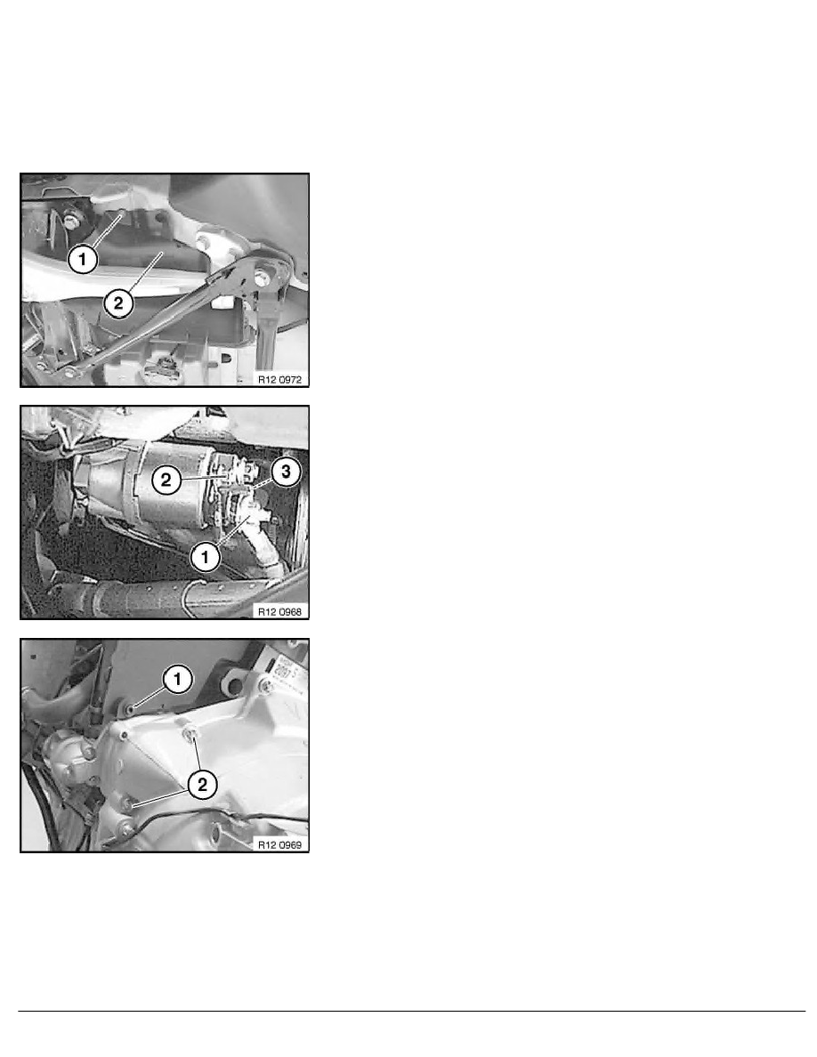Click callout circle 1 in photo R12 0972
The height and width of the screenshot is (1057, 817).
[x=83, y=259]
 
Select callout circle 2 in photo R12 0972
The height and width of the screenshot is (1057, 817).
[x=118, y=303]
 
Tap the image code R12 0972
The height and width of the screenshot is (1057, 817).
[x=279, y=380]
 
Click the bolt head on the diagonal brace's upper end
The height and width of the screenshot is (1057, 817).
[x=260, y=275]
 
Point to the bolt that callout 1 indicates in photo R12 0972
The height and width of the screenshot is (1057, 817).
[x=122, y=214]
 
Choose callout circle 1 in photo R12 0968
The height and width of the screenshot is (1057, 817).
[x=205, y=558]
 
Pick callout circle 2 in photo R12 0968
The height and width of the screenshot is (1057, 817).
[x=166, y=480]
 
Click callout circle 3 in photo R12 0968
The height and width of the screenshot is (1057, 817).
[x=286, y=472]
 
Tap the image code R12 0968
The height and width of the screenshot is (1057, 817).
[x=279, y=612]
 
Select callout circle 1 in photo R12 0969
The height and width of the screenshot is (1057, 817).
[x=178, y=679]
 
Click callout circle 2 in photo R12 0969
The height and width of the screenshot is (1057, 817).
[x=202, y=784]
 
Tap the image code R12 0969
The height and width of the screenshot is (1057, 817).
[x=279, y=844]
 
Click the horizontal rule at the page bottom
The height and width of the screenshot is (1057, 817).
[x=412, y=1011]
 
